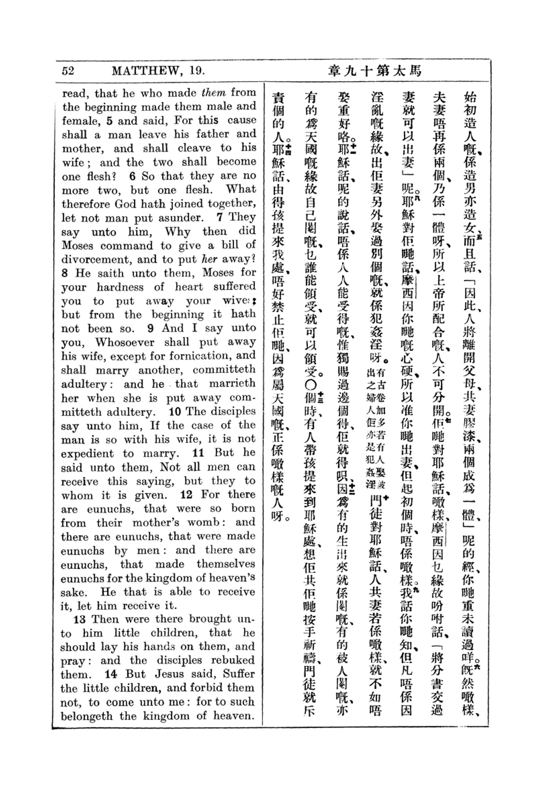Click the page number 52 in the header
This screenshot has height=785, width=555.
click(x=68, y=71)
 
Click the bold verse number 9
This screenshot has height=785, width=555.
click(x=150, y=328)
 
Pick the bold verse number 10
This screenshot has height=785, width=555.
click(x=175, y=411)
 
